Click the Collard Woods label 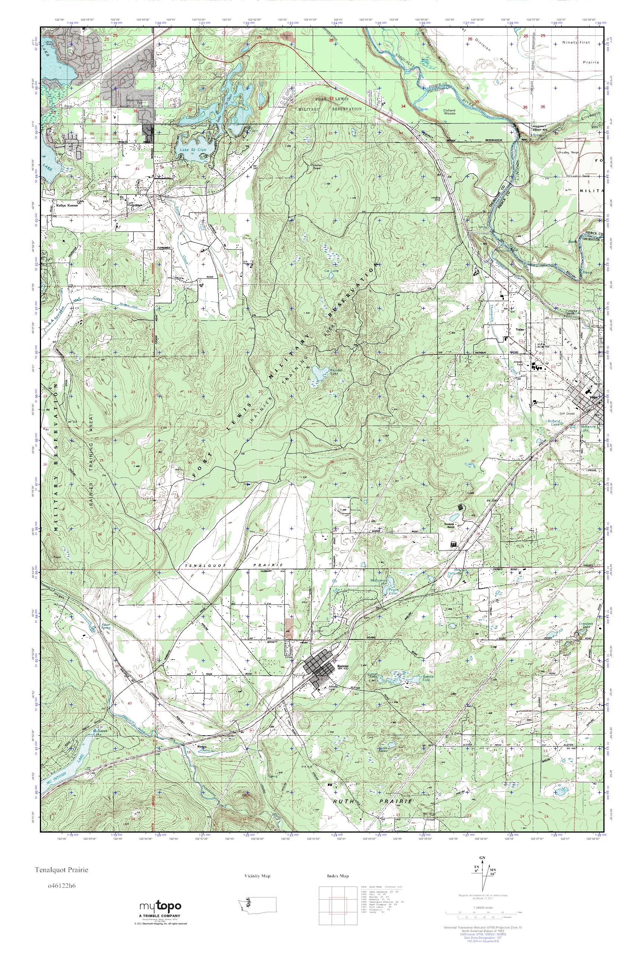(x=450, y=112)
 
